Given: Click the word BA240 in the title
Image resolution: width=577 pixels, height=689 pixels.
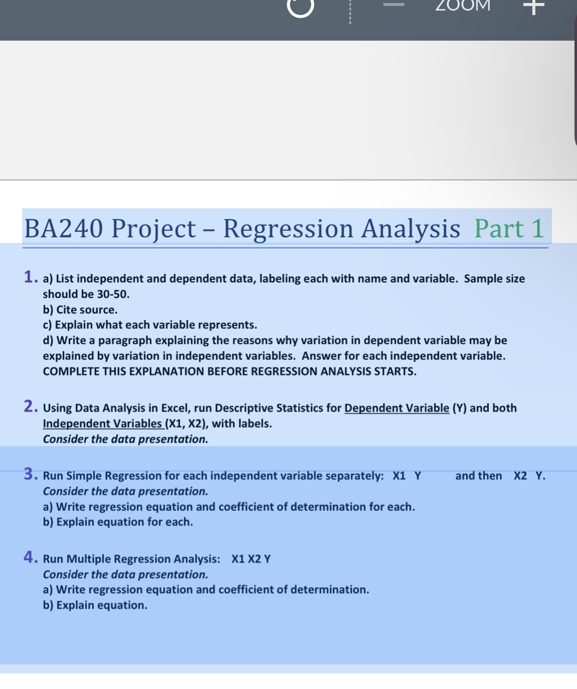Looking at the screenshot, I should click(64, 229).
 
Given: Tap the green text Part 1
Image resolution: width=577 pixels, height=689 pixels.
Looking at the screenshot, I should click(509, 229).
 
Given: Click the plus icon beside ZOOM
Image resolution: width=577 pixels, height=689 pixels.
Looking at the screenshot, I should click(533, 7).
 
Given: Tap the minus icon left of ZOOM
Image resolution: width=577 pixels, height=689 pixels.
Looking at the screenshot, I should click(394, 6).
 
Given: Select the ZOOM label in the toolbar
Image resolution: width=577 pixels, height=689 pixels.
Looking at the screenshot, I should click(463, 6).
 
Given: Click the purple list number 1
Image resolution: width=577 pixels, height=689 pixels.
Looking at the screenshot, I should click(30, 277).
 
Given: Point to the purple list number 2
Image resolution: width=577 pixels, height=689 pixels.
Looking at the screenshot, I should click(31, 406).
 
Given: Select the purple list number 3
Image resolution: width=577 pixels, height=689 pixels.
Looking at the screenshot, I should click(31, 474).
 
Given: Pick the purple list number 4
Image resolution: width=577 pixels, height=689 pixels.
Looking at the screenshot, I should click(31, 557).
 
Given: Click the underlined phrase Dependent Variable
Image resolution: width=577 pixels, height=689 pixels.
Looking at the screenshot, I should click(396, 408).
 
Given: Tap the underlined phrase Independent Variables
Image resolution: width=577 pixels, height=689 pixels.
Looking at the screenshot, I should click(102, 424).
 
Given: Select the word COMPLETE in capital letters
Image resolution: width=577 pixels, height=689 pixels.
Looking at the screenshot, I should click(71, 371).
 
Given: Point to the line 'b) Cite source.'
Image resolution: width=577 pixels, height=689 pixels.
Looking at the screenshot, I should click(80, 310).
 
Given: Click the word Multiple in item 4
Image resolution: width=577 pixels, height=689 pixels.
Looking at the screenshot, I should click(86, 559).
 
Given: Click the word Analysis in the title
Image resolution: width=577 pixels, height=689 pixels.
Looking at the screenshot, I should click(411, 229).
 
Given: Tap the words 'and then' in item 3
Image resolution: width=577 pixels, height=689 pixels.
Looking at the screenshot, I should click(478, 476).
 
